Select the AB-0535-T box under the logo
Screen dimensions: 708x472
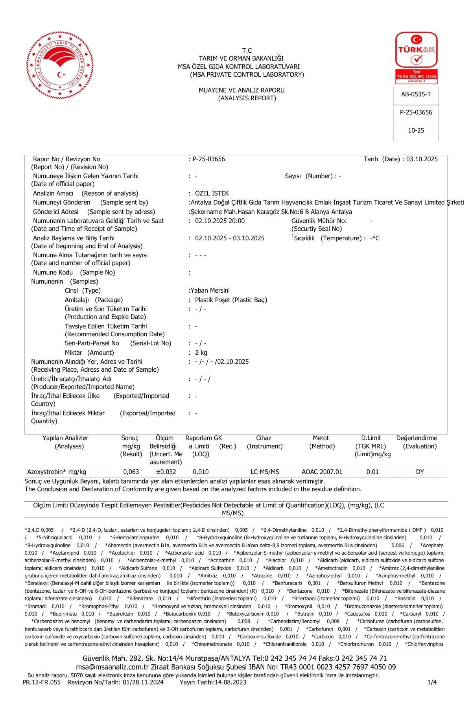pyautogui.click(x=416, y=94)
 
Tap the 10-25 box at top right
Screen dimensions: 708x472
pyautogui.click(x=416, y=131)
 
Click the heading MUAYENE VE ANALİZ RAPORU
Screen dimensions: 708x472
pyautogui.click(x=242, y=90)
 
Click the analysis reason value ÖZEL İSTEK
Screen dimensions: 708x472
pyautogui.click(x=212, y=194)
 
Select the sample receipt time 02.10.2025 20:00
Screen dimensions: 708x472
pyautogui.click(x=219, y=221)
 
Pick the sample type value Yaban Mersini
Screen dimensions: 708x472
pyautogui.click(x=210, y=291)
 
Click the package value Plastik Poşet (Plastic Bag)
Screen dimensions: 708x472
pyautogui.click(x=231, y=300)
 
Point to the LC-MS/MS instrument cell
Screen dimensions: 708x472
pyautogui.click(x=265, y=472)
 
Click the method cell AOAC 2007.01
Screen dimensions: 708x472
pyautogui.click(x=322, y=472)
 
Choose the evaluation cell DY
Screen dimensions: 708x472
pyautogui.click(x=420, y=472)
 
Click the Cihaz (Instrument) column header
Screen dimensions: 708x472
pyautogui.click(x=264, y=442)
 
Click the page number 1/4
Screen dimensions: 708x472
pyautogui.click(x=432, y=682)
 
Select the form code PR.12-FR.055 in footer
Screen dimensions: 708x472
pyautogui.click(x=42, y=682)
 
